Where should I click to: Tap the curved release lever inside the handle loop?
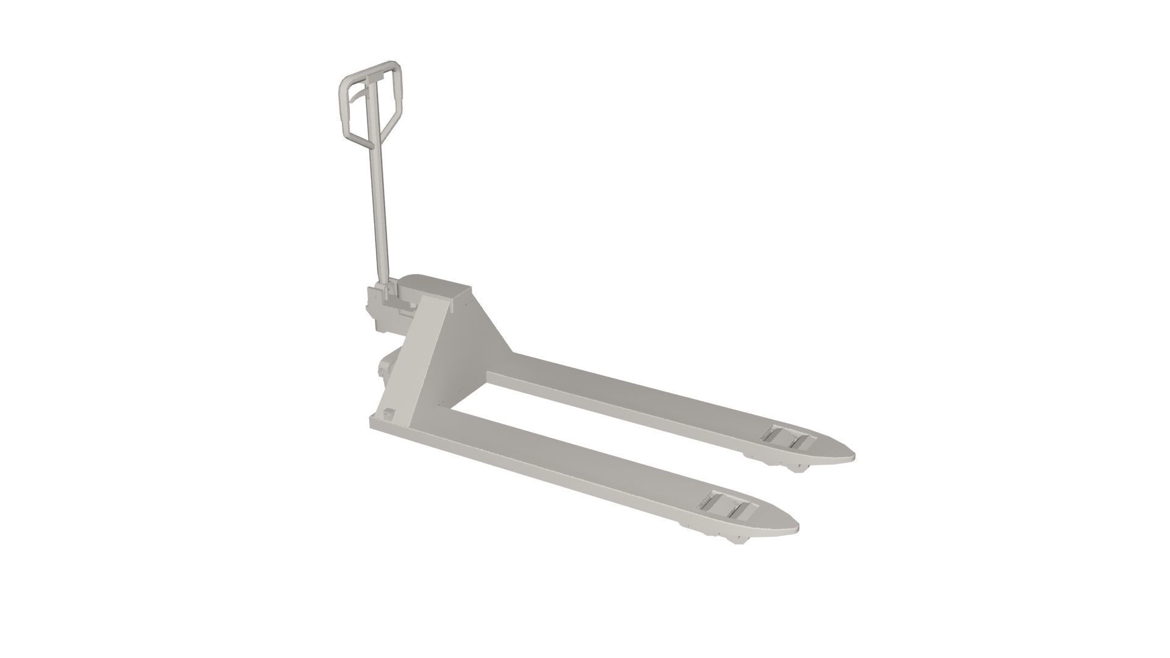click(360, 97)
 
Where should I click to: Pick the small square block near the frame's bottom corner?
click(388, 415)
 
